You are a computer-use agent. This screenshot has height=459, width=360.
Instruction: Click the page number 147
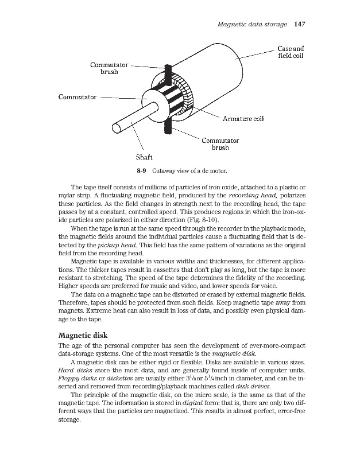301,24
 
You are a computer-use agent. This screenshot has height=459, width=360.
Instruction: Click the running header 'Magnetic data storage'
253,24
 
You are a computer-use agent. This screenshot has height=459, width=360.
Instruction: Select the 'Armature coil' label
243,119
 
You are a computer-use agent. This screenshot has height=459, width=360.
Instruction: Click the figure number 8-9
142,170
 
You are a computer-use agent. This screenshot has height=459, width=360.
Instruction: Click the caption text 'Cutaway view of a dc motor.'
191,170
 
